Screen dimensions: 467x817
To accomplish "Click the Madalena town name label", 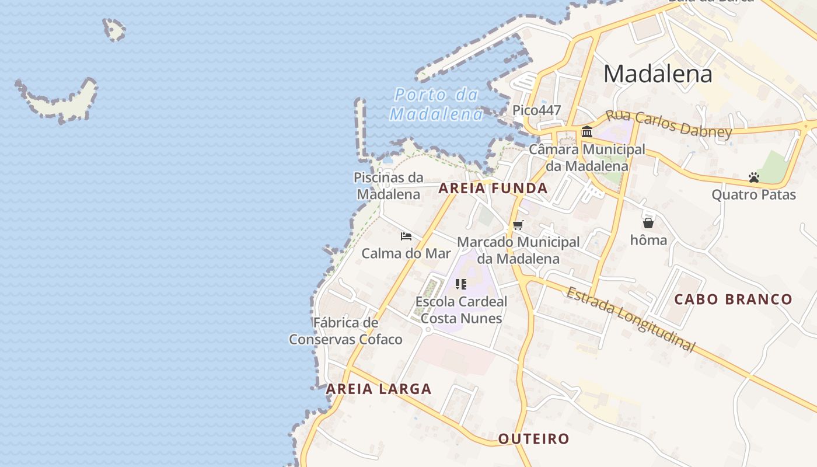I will point(658,74).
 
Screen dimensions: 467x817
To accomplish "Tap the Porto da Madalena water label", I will point(437,104).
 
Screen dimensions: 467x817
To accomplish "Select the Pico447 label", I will point(536,110).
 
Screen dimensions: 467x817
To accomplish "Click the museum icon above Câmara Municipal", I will point(587,131).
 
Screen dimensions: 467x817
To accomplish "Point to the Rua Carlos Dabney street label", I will point(668,124).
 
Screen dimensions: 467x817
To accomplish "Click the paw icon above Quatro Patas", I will point(753,177).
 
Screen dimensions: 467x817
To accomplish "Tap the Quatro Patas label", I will point(753,194).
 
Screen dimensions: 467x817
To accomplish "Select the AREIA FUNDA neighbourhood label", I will point(493,188).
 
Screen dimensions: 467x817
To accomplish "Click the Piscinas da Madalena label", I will point(388,186).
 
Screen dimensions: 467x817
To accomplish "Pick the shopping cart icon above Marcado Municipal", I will point(518,225).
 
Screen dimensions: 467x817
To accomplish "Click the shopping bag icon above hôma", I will point(648,223).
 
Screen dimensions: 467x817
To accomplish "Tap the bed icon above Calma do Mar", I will point(406,236).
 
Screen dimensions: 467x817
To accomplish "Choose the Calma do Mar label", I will point(406,253).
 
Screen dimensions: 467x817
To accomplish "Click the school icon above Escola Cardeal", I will point(461,284).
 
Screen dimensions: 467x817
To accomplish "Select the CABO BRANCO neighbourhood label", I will point(734,299).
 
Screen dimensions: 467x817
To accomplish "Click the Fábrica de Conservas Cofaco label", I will point(345,331).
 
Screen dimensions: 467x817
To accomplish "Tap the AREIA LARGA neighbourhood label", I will point(379,389).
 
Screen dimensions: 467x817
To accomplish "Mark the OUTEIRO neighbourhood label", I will point(533,438).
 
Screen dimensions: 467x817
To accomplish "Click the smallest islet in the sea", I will point(114,29).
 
